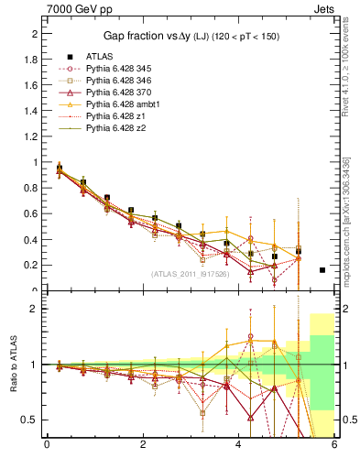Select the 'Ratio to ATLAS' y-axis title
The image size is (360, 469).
click(13, 366)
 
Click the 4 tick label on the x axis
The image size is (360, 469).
click(239, 446)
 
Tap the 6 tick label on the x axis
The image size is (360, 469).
click(334, 446)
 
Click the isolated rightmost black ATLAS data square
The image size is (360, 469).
click(322, 270)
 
